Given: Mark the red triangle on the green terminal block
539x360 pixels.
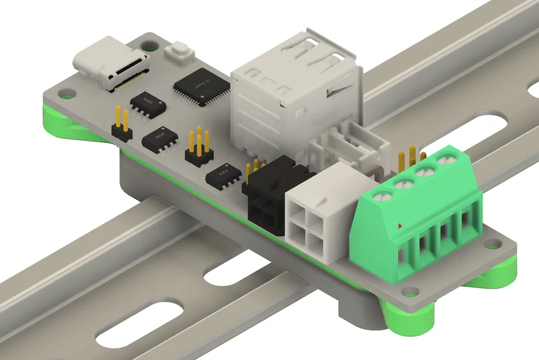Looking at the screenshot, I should point(400,225).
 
